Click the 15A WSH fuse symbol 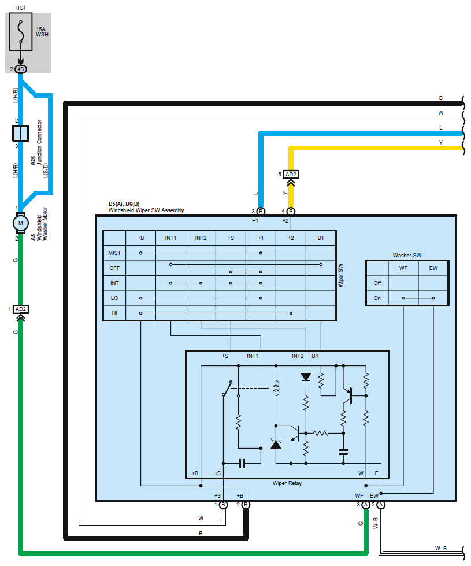click(21, 32)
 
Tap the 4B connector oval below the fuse click(21, 69)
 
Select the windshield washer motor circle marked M click(21, 223)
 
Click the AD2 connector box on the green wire click(21, 309)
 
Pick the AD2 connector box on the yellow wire click(291, 175)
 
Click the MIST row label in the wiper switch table click(114, 253)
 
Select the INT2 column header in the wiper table click(201, 238)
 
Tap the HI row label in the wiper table click(114, 313)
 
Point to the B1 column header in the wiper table click(321, 238)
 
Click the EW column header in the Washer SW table click(433, 268)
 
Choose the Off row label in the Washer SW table click(377, 283)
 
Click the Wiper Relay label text click(287, 483)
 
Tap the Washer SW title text click(407, 255)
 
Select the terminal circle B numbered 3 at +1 click(261, 212)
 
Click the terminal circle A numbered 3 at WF click(366, 505)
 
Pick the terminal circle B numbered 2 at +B click(246, 505)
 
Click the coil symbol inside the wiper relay click(276, 389)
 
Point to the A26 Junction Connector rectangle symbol click(21, 133)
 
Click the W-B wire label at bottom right click(441, 548)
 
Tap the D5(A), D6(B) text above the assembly click(124, 204)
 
